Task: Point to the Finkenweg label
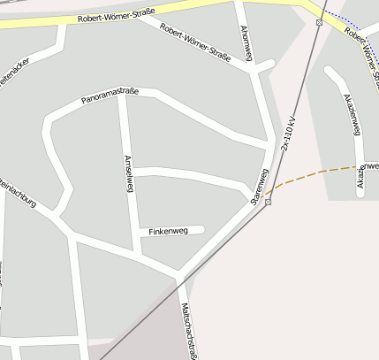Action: click(x=168, y=231)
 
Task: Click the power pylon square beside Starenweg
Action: click(x=268, y=202)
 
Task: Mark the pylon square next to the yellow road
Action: click(x=319, y=22)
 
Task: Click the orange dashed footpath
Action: click(x=318, y=171)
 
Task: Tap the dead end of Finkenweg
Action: click(x=202, y=230)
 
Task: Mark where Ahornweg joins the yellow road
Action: click(x=239, y=8)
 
